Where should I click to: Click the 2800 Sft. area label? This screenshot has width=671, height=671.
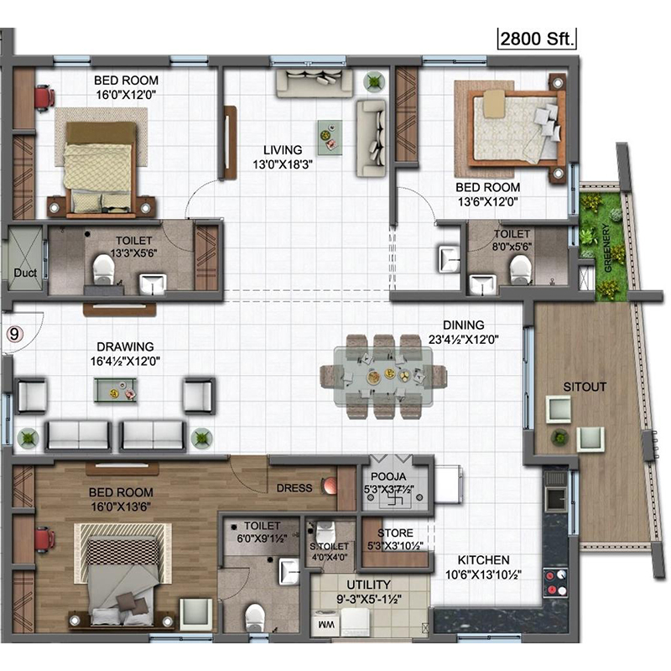537,39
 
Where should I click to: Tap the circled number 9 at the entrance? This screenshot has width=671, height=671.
14,333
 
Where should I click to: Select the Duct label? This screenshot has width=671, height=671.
25,273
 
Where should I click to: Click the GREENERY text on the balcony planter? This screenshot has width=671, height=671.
606,248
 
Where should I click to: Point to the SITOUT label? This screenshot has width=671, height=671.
584,387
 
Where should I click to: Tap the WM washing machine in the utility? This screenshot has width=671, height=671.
326,624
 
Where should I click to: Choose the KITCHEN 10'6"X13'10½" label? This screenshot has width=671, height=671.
483,567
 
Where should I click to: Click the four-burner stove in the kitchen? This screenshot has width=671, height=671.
555,582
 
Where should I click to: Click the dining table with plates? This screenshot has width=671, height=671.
383,377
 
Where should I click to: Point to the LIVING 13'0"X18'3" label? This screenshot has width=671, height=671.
283,157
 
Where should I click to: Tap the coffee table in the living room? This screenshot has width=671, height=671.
330,138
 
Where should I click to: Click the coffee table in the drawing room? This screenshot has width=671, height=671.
115,390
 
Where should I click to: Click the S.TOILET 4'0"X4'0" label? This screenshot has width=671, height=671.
329,552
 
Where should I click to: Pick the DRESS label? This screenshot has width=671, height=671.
294,488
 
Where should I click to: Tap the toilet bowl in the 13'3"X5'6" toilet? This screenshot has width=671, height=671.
103,268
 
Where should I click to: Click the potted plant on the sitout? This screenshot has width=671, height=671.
559,437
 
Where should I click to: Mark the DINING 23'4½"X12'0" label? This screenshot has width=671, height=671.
464,332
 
